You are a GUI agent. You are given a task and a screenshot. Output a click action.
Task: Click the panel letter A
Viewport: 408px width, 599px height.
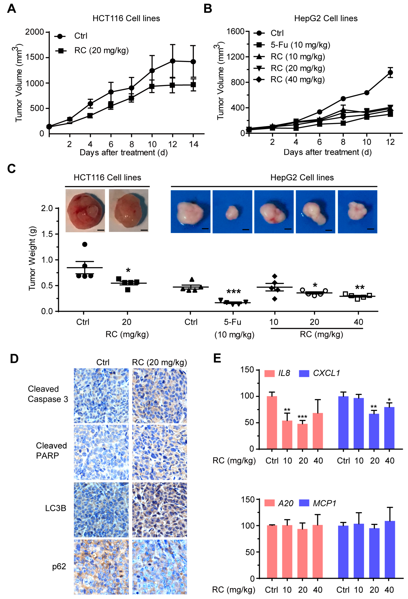pyautogui.click(x=11, y=9)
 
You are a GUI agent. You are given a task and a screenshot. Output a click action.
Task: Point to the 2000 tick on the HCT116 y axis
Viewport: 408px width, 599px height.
pyautogui.click(x=34, y=32)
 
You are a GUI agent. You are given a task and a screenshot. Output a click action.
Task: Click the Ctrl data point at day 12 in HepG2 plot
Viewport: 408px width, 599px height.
pyautogui.click(x=390, y=73)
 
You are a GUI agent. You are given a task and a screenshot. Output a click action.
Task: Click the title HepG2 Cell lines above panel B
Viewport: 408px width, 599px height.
pyautogui.click(x=326, y=19)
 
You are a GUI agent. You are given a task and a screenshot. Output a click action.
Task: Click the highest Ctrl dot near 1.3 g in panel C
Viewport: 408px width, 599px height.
pyautogui.click(x=84, y=244)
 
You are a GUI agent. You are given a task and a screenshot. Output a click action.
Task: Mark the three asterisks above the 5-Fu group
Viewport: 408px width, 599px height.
pyautogui.click(x=234, y=292)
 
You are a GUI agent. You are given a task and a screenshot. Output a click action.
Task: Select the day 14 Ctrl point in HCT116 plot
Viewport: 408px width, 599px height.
pyautogui.click(x=193, y=62)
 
